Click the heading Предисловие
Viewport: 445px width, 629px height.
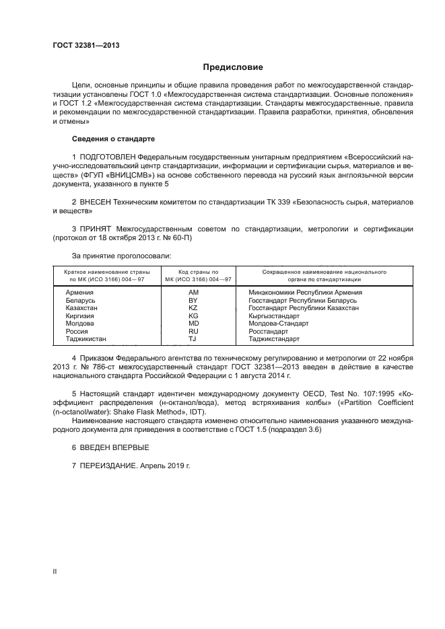tap(233, 67)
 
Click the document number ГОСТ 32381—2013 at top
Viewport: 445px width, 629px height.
tap(85, 45)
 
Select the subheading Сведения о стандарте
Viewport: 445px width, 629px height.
tap(113, 139)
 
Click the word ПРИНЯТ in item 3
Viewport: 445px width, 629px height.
tap(99, 229)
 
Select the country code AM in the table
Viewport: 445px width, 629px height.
tap(194, 293)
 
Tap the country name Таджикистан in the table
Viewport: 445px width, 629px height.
tap(86, 339)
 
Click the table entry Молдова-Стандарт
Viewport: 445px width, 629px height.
tap(275, 324)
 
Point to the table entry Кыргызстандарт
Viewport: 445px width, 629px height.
tap(273, 316)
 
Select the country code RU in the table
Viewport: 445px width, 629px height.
tap(193, 332)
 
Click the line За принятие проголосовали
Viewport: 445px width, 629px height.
tap(121, 256)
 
